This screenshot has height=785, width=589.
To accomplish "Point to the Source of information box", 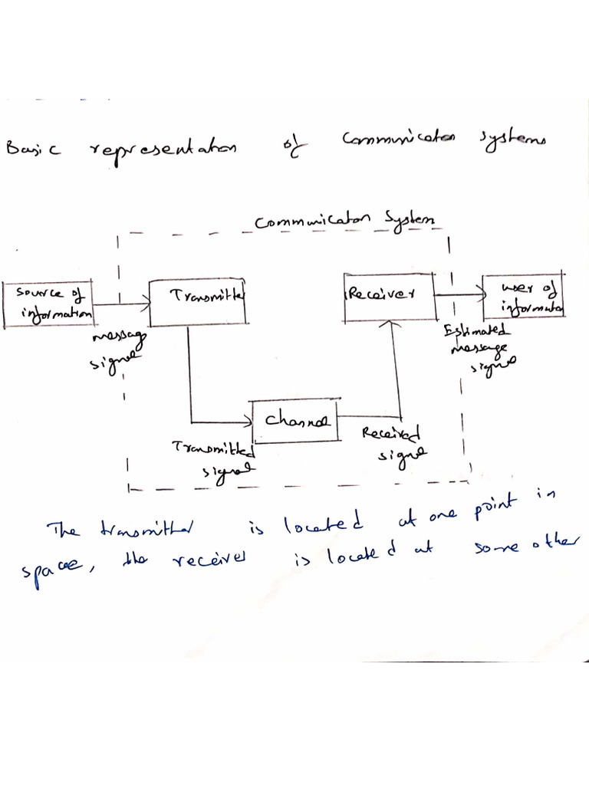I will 48,304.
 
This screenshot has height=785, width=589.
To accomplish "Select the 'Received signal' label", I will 392,443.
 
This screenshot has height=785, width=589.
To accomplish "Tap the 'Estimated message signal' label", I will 480,347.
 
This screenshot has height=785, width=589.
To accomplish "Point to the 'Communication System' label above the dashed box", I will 347,221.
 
